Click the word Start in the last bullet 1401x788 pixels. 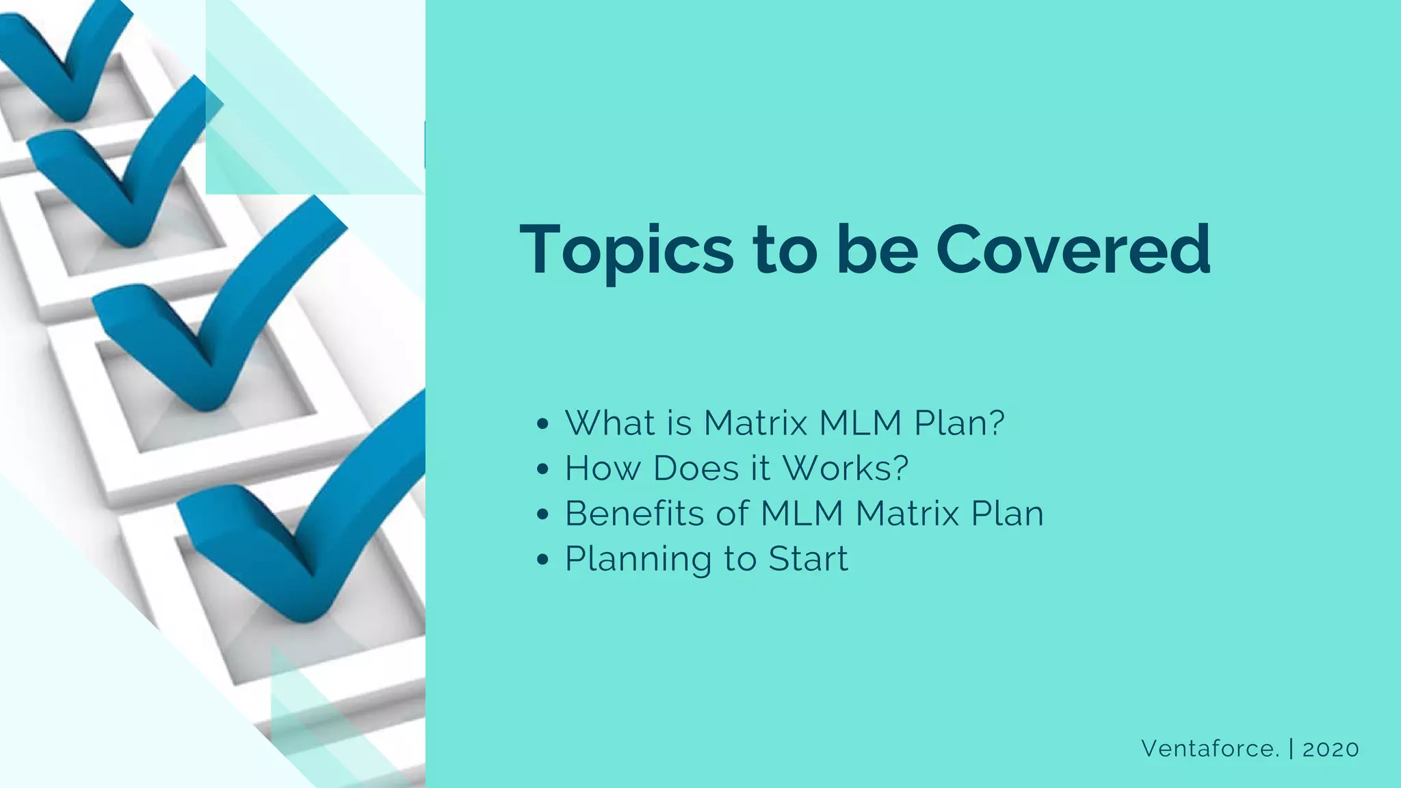pos(808,559)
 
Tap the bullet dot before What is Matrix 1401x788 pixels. pos(543,424)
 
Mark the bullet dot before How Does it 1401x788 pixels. pos(543,469)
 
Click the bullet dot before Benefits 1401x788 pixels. pos(543,514)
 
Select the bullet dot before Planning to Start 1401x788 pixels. pos(543,560)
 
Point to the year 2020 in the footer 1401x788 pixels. pos(1331,749)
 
